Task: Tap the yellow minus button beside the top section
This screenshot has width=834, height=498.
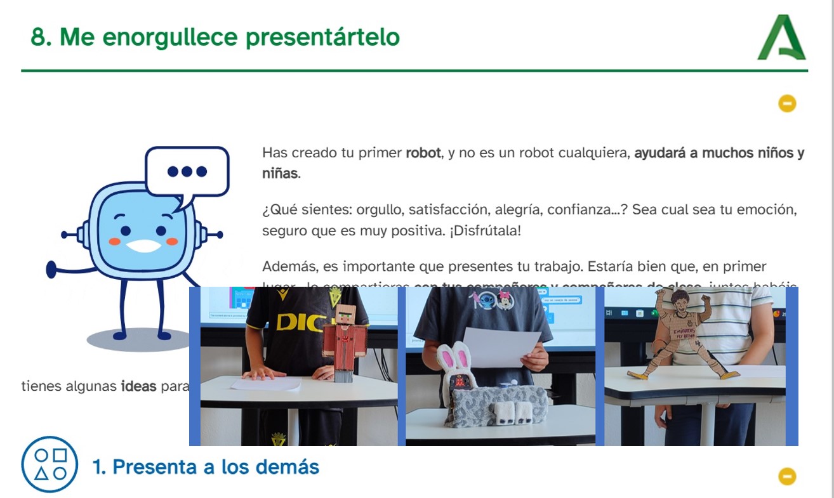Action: (x=787, y=103)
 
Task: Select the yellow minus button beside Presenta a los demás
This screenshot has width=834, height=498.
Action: (x=787, y=476)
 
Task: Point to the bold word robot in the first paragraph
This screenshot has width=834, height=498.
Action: (x=423, y=153)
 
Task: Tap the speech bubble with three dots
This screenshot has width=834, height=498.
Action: (x=187, y=172)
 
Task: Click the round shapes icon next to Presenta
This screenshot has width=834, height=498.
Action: (x=50, y=464)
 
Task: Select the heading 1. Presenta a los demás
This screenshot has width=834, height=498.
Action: (x=206, y=467)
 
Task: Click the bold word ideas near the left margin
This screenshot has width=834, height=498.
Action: (x=138, y=386)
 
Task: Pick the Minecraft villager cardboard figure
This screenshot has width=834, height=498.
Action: (x=345, y=343)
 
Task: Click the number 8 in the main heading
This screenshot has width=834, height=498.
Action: (x=37, y=37)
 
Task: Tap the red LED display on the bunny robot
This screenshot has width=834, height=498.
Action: (x=459, y=383)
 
